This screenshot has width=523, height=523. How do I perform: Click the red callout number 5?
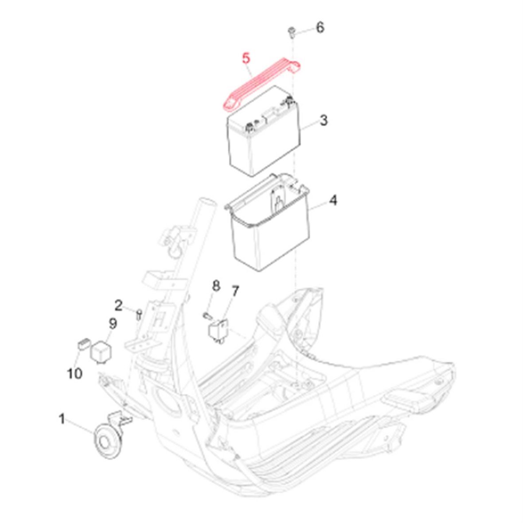coord(246,59)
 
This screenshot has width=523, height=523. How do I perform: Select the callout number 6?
coord(320,27)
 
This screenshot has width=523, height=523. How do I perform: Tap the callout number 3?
coord(324,120)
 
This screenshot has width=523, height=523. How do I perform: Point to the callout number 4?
coord(333,200)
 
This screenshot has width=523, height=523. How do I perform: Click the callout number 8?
coord(216,285)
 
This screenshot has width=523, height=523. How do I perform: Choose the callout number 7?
coord(235,291)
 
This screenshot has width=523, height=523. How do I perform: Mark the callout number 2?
coord(119,305)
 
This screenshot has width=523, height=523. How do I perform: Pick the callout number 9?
coord(113,324)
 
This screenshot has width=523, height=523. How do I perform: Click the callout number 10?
coord(75,373)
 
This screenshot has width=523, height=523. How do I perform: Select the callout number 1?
coord(62,419)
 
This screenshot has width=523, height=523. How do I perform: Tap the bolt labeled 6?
coord(292,33)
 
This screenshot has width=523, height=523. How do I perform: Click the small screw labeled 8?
coord(207,315)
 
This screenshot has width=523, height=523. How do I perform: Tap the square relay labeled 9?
coord(101,351)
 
